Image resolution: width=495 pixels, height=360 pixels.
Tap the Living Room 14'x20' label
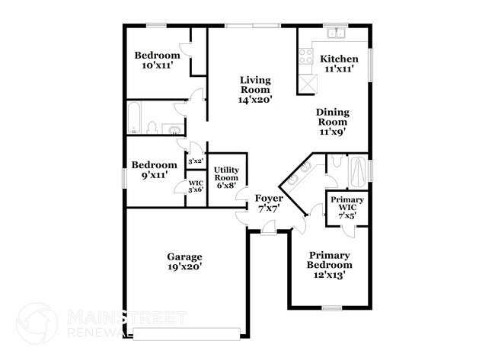tap(255, 89)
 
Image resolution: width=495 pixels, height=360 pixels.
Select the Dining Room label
tap(333, 121)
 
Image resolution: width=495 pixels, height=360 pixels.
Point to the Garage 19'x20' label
tap(185, 262)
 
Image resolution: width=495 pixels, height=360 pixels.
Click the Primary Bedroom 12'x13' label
tap(329, 264)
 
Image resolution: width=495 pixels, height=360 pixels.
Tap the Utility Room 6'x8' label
tap(227, 177)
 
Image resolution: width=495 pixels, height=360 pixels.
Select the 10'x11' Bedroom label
tap(158, 60)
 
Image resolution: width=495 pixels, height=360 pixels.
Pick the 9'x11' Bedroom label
tap(154, 170)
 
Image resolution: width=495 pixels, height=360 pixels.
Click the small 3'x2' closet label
tap(195, 161)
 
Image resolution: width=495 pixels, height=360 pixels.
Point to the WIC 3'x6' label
tap(196, 186)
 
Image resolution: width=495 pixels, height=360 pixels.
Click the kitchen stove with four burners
tap(306, 55)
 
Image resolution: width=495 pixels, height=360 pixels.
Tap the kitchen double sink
tap(335, 33)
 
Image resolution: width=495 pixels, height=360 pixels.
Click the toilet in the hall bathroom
tap(152, 126)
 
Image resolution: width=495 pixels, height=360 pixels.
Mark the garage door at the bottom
tap(187, 332)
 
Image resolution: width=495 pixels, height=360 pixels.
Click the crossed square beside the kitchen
tap(307, 83)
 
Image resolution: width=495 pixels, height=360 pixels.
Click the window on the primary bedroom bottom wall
tap(331, 308)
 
